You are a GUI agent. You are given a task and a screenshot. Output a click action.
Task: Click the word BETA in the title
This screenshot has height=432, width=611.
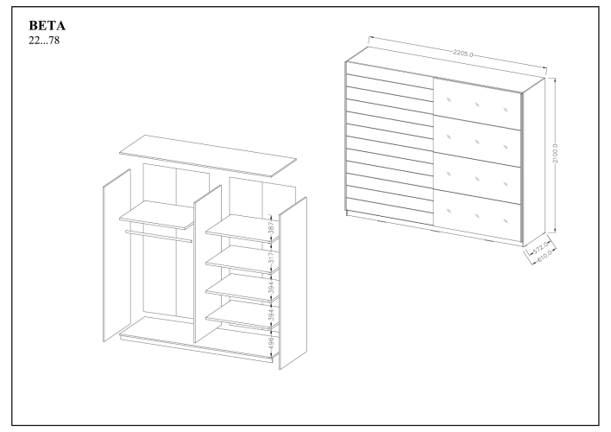coord(48,25)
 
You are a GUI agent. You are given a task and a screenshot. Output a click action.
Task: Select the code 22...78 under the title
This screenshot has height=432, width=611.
coord(45,40)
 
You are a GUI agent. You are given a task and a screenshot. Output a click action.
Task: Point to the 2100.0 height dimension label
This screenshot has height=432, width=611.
coord(556,156)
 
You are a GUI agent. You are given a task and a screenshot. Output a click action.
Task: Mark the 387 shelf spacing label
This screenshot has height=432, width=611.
coord(270,228)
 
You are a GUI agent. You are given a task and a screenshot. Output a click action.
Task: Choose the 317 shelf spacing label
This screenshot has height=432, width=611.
coord(270,259)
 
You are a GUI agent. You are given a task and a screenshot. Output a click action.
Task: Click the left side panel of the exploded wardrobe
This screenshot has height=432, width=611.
coord(116,259)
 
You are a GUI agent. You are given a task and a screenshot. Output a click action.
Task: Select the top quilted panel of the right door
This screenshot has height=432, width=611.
coord(476,104)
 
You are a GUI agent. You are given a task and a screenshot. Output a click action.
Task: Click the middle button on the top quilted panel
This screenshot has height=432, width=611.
coord(476,105)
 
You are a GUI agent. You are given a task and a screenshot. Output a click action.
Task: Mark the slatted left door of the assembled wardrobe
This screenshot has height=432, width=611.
coord(388,147)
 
